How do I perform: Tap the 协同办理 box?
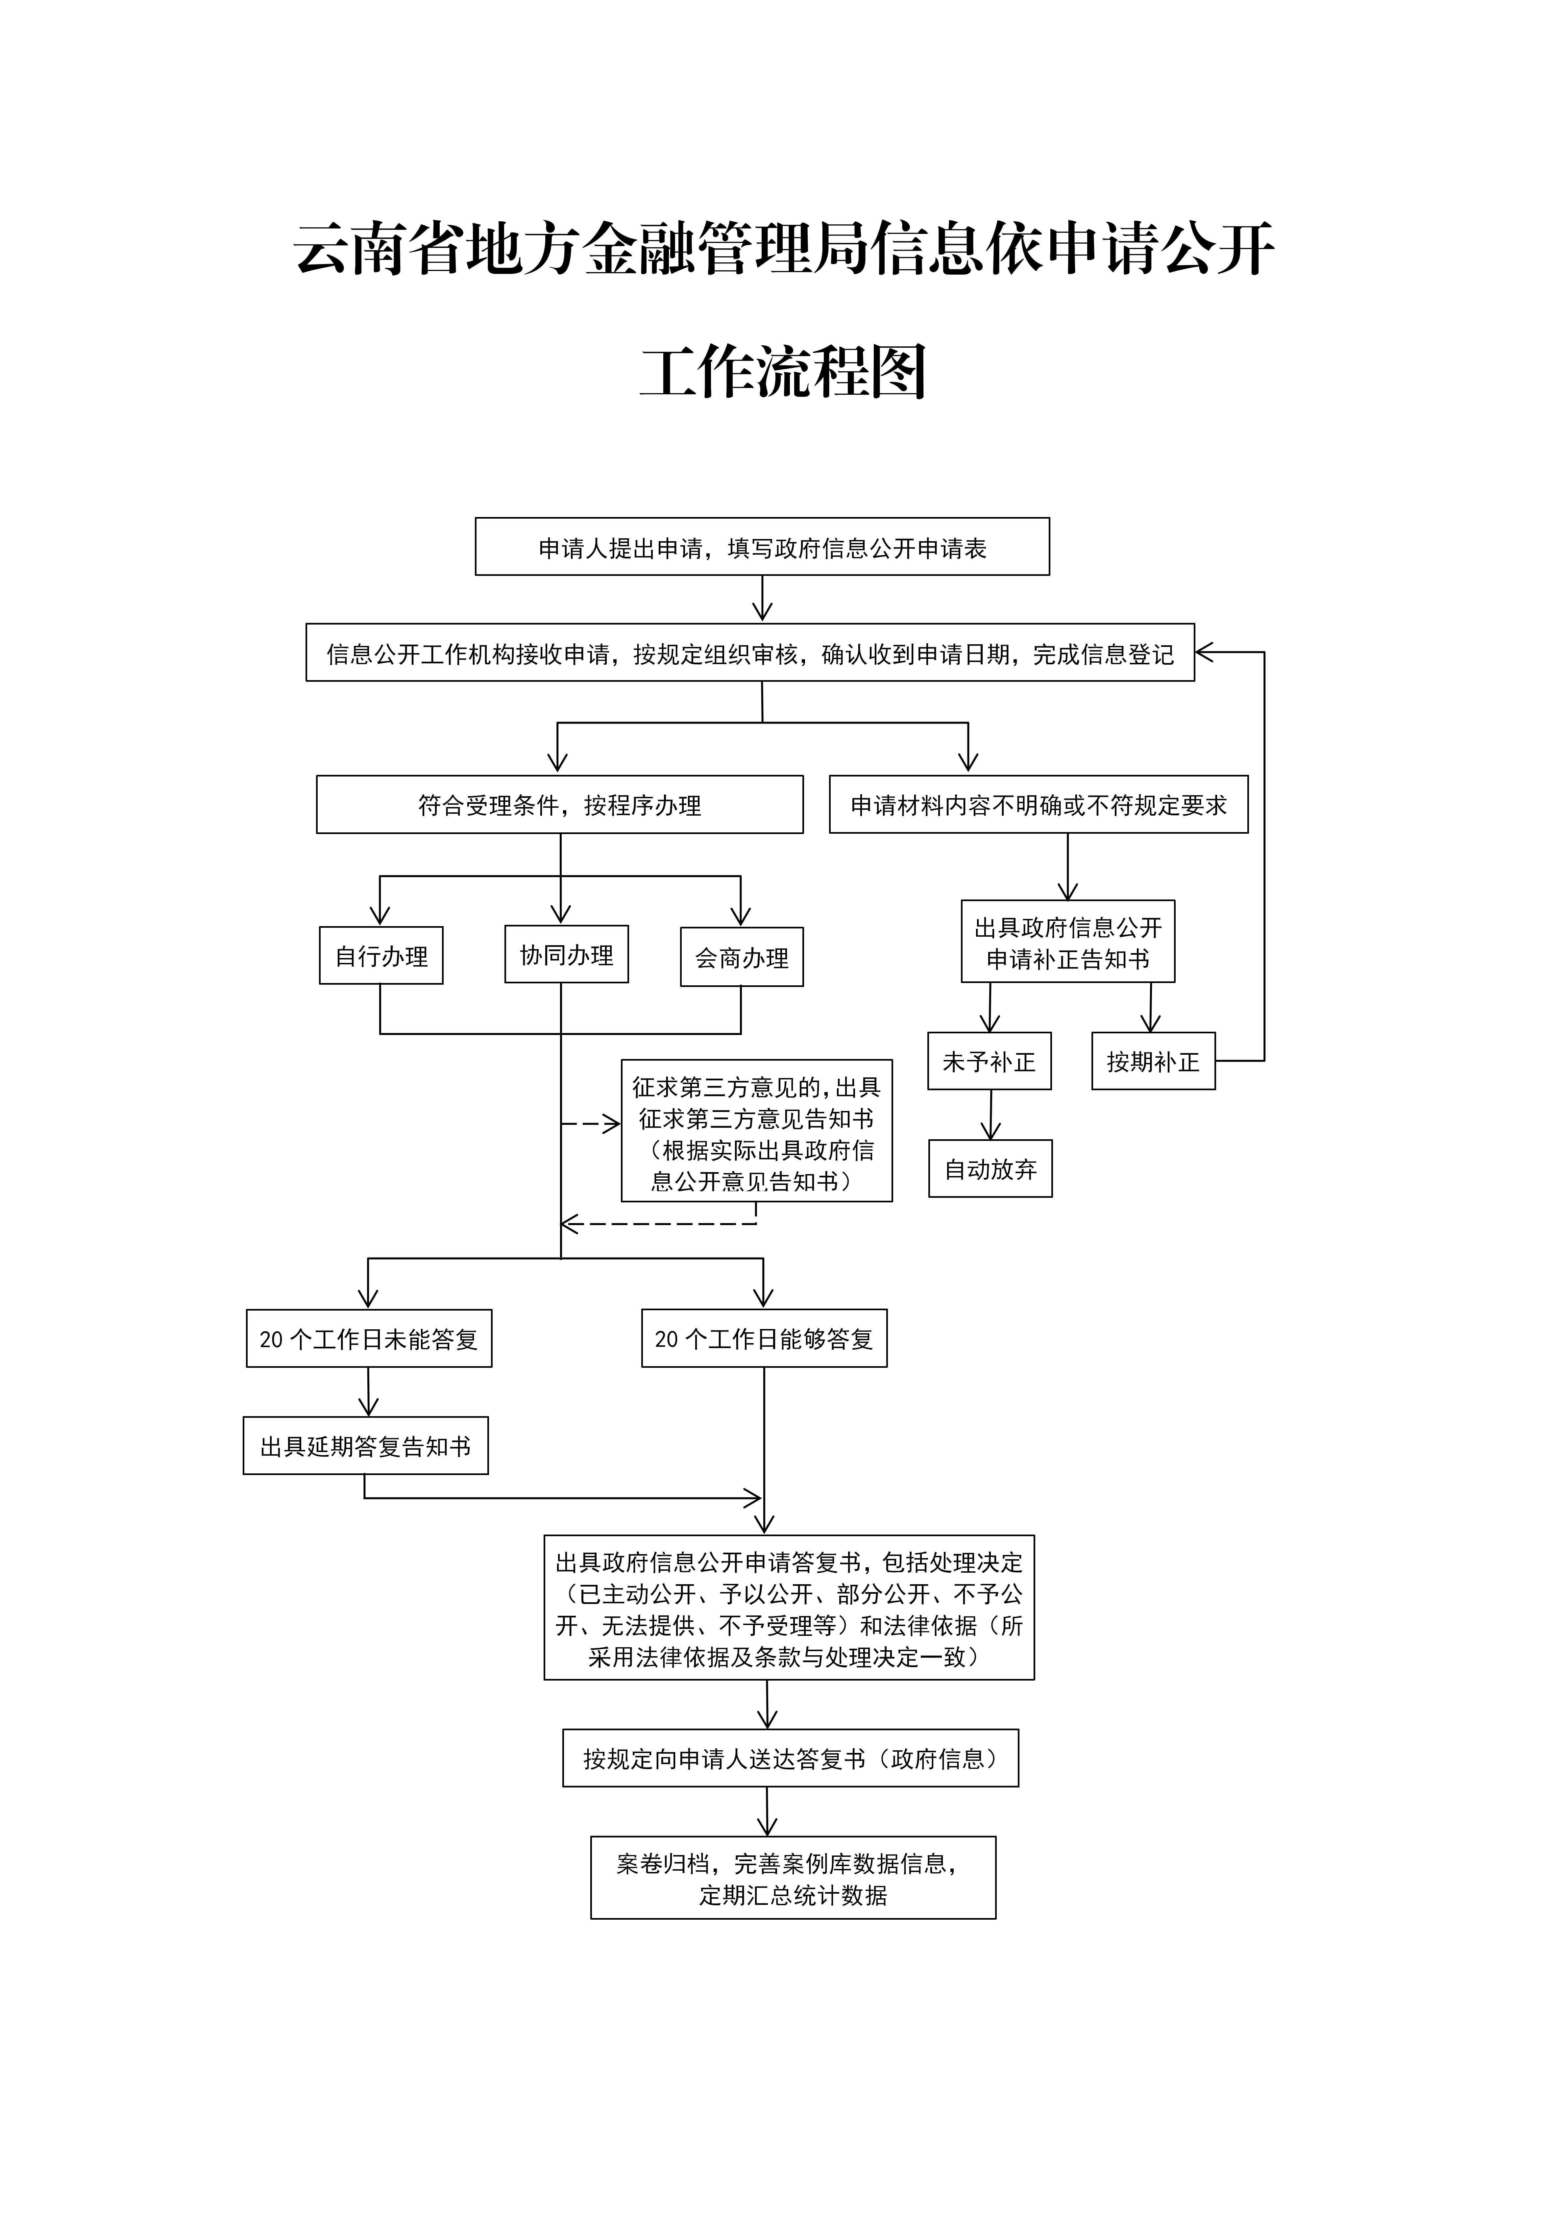(566, 954)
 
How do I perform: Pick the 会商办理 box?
(742, 957)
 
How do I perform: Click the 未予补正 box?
(989, 1061)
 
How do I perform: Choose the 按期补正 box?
(1153, 1061)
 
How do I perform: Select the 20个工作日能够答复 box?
(764, 1338)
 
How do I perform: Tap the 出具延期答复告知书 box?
(366, 1445)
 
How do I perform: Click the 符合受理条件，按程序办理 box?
(560, 804)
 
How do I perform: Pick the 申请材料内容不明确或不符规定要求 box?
(1038, 804)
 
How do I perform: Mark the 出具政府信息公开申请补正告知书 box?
(1067, 942)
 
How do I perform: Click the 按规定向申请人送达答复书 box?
(790, 1758)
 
